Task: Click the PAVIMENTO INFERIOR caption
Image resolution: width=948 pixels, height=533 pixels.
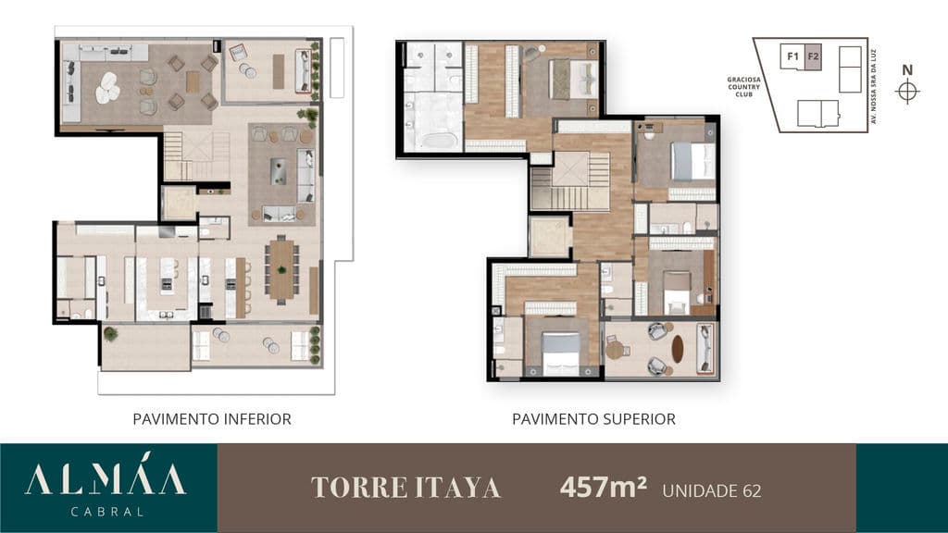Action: tap(212, 419)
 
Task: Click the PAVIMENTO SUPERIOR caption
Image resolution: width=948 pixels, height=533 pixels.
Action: tap(593, 419)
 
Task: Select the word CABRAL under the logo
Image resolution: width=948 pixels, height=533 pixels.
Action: tap(107, 512)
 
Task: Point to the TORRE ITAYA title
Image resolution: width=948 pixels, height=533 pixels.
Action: tap(405, 488)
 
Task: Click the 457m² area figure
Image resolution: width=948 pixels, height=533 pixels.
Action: tap(604, 487)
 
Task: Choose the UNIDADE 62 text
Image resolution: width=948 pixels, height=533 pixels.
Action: tap(712, 490)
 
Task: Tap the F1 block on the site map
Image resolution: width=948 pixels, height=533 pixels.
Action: tap(792, 56)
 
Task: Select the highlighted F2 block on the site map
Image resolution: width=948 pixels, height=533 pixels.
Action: tap(813, 56)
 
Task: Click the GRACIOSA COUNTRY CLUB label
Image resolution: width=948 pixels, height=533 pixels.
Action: tap(743, 87)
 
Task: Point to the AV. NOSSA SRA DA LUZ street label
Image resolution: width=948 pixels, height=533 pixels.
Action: tap(874, 86)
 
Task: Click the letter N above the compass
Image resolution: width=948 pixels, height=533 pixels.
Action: tap(907, 70)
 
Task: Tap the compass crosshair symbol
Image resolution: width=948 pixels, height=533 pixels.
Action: tap(907, 92)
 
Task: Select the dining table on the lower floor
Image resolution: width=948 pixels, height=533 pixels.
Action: tap(281, 270)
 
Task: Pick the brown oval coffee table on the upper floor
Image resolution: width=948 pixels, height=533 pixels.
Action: tap(677, 349)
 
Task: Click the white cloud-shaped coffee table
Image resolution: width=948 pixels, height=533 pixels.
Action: tap(108, 88)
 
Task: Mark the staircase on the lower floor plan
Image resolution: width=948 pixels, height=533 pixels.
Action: tap(196, 155)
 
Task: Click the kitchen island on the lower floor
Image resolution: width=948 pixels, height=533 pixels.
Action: tap(167, 283)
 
